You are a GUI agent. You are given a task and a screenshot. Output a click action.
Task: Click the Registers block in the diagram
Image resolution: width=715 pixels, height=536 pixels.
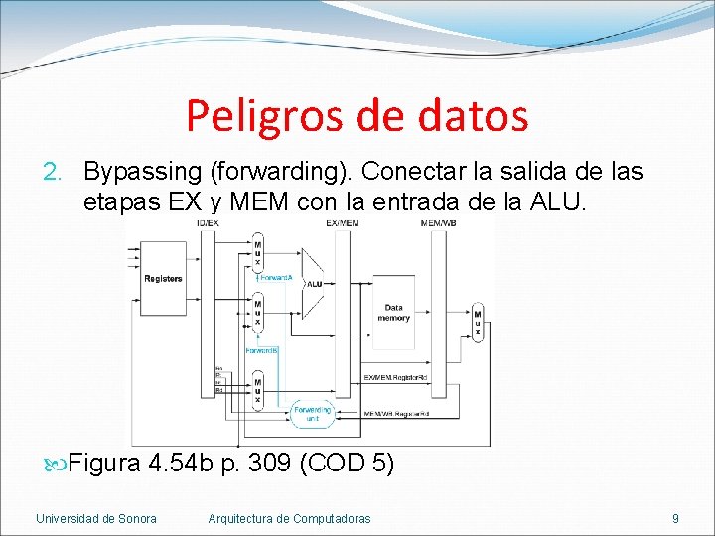point(163,279)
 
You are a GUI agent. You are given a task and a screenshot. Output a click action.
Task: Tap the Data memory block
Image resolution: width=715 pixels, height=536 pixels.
point(394,313)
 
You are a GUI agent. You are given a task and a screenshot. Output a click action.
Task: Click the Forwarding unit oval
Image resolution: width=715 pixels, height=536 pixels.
point(312,414)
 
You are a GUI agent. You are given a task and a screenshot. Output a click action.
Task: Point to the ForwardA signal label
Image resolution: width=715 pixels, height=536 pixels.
point(277,278)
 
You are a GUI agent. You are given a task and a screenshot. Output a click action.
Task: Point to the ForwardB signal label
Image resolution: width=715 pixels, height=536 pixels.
point(261,351)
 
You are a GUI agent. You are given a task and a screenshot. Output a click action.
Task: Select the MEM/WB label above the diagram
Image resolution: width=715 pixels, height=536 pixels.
point(438,224)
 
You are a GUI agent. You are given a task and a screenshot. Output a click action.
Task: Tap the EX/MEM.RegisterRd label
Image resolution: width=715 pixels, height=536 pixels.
point(396,377)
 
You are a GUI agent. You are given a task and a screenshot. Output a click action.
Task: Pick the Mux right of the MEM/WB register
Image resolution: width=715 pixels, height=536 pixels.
point(478,323)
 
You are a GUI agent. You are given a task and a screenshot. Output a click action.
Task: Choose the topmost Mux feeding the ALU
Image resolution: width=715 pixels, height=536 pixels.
point(258,253)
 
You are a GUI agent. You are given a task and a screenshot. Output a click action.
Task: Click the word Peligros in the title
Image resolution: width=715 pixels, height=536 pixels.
point(260,116)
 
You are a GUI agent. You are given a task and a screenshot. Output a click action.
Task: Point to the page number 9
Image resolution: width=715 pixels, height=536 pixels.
point(675,518)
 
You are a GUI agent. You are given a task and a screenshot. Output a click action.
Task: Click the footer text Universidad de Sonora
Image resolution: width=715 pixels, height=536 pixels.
point(95,518)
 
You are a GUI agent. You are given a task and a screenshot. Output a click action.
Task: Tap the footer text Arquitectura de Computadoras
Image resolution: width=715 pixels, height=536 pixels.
point(289,518)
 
